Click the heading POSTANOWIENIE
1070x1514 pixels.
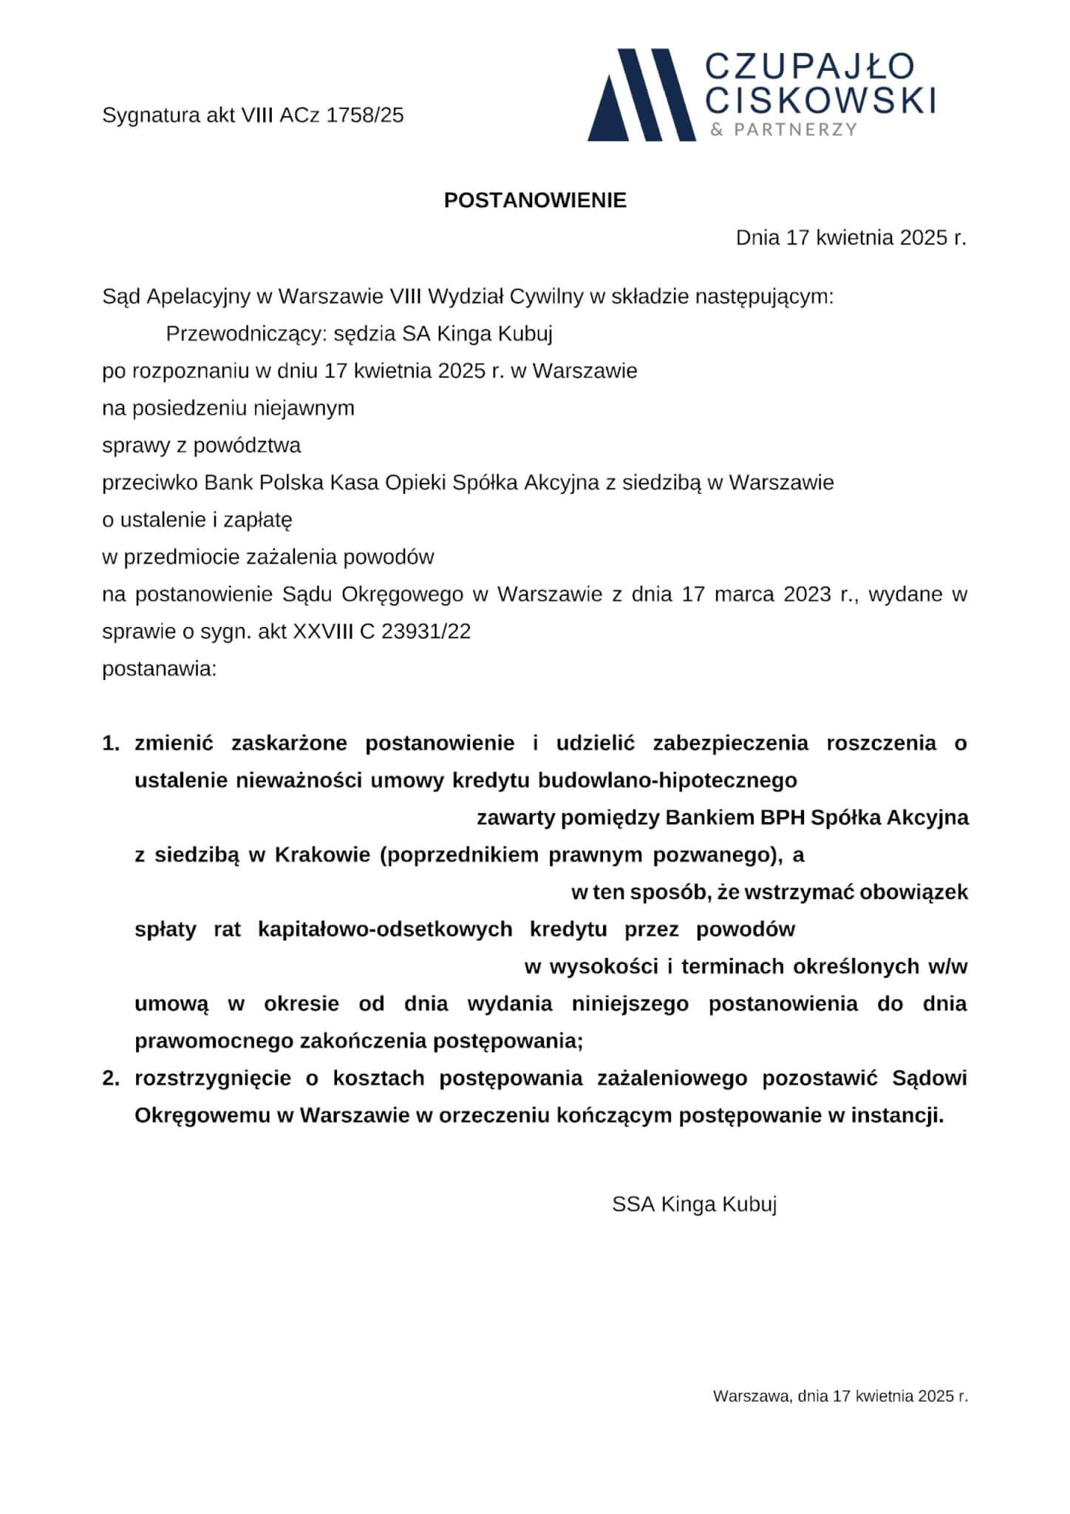click(x=535, y=200)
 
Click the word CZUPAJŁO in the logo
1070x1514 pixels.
click(x=810, y=67)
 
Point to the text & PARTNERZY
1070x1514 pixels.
click(x=783, y=130)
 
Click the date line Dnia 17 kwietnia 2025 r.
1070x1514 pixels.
click(x=851, y=238)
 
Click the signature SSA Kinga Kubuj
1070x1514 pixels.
click(x=694, y=1205)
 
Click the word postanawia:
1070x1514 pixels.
click(x=159, y=669)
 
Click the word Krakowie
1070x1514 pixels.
click(x=322, y=855)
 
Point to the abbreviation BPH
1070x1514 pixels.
click(x=780, y=818)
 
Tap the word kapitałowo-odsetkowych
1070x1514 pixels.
click(x=385, y=930)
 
